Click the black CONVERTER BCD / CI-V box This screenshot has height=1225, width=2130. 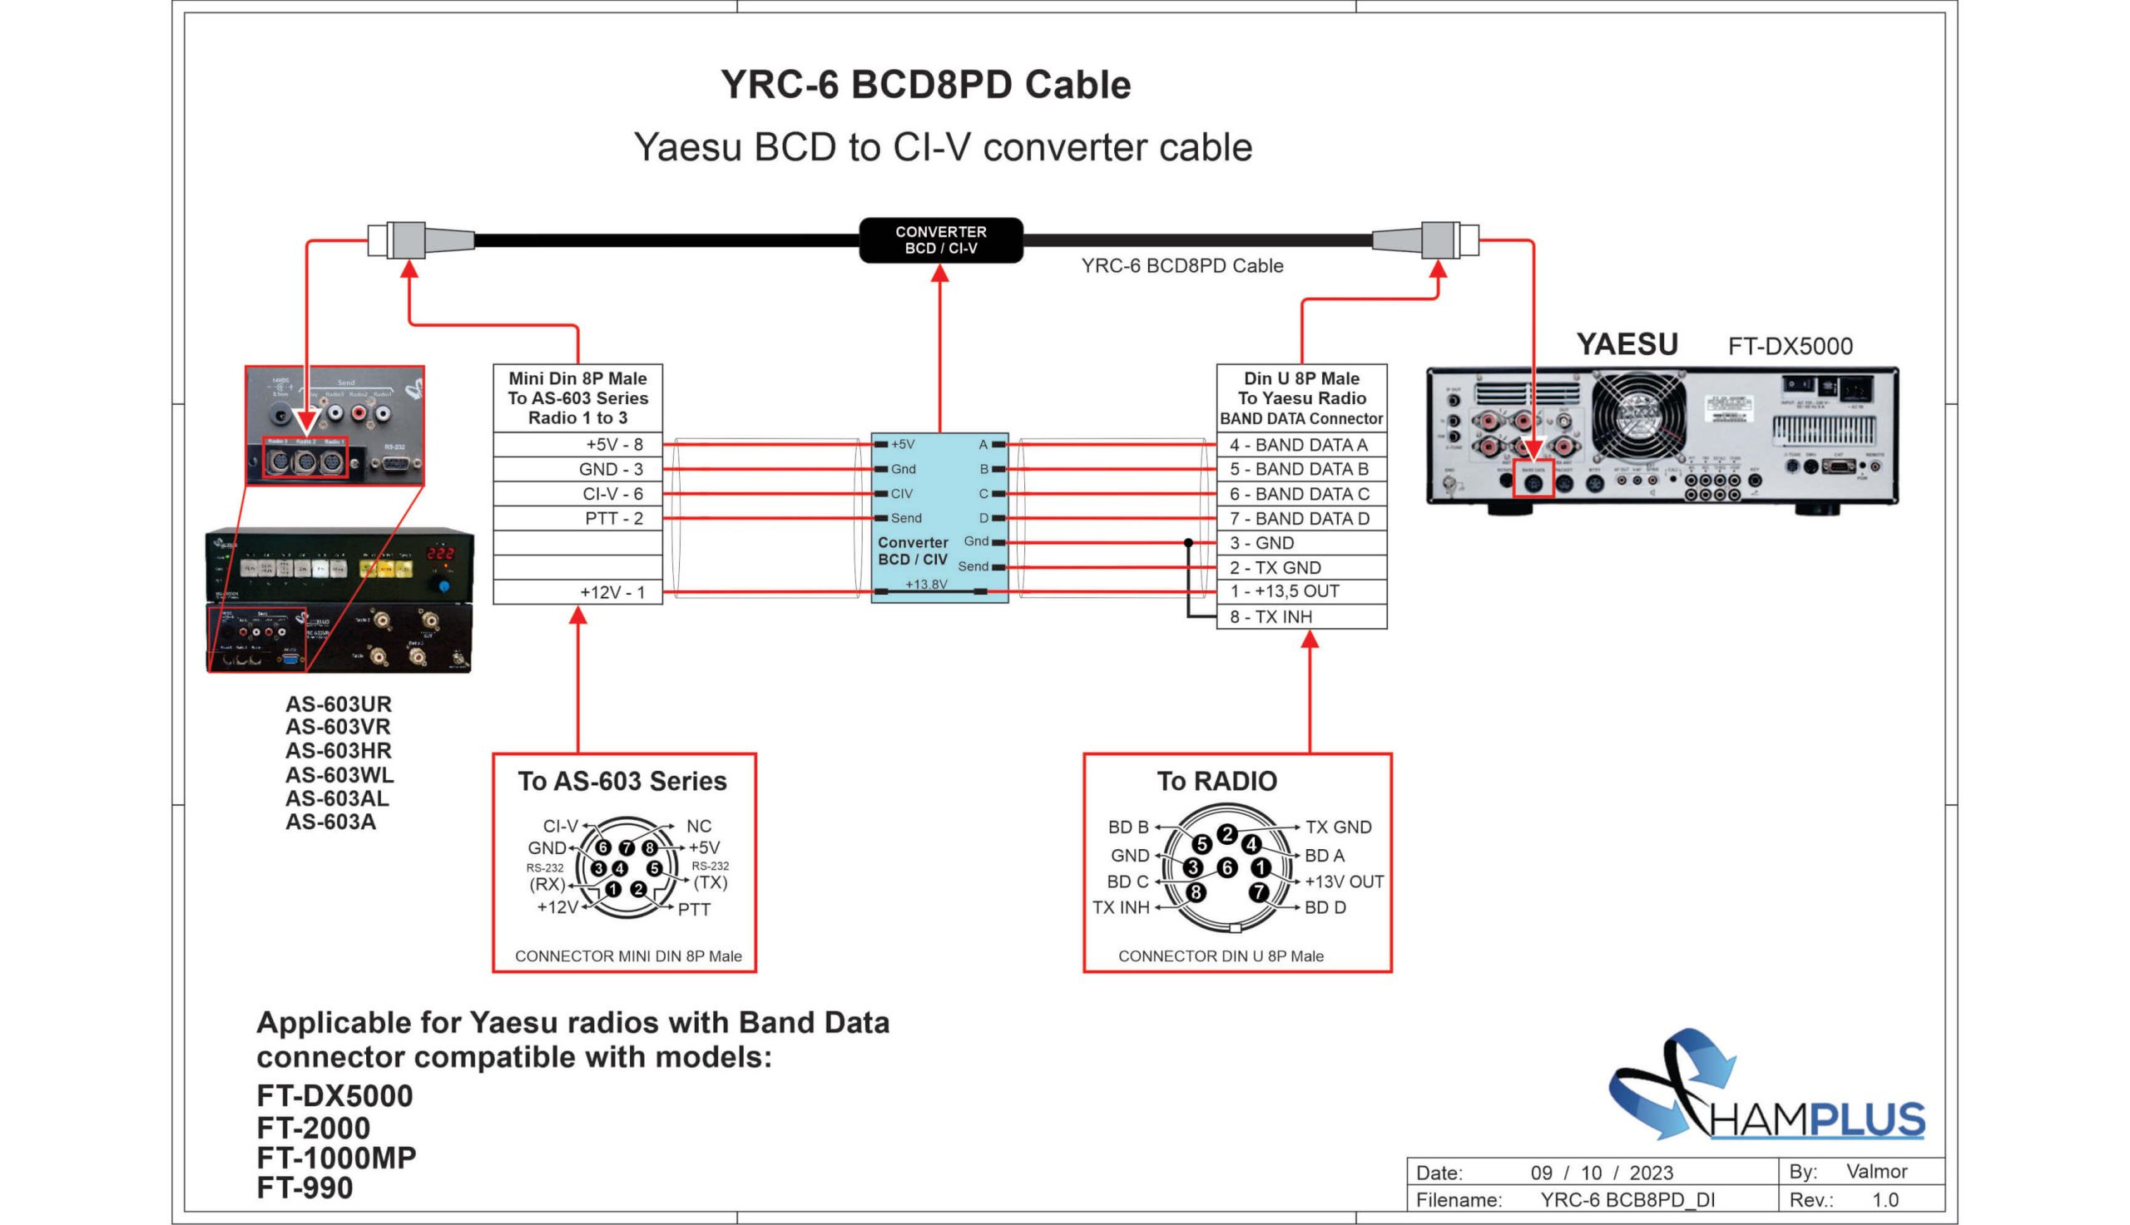pyautogui.click(x=940, y=240)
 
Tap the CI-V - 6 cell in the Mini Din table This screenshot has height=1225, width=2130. pyautogui.click(x=578, y=494)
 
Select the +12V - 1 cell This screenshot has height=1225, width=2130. pyautogui.click(x=578, y=592)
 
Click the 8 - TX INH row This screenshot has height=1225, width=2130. pyautogui.click(x=1301, y=617)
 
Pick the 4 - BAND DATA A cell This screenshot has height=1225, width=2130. pyautogui.click(x=1301, y=444)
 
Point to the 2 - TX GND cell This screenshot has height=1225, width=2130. pyautogui.click(x=1301, y=567)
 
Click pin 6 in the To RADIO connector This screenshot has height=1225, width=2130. pyautogui.click(x=1227, y=867)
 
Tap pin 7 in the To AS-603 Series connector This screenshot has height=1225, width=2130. pyautogui.click(x=627, y=847)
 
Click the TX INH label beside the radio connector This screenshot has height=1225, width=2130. pyautogui.click(x=1120, y=907)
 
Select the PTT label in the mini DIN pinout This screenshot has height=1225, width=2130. pyautogui.click(x=694, y=910)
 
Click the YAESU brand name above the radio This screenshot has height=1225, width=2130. pyautogui.click(x=1627, y=344)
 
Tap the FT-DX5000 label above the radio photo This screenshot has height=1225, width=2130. pyautogui.click(x=1790, y=347)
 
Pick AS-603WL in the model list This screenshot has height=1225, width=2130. pyautogui.click(x=339, y=774)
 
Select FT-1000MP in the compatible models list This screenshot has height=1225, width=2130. pyautogui.click(x=336, y=1158)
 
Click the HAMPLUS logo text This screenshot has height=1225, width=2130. pyautogui.click(x=1818, y=1120)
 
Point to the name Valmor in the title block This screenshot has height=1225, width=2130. pyautogui.click(x=1877, y=1171)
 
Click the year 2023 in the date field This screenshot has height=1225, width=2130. pyautogui.click(x=1651, y=1173)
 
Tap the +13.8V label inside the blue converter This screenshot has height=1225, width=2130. pyautogui.click(x=926, y=584)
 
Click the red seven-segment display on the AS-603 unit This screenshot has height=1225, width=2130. pyautogui.click(x=439, y=553)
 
